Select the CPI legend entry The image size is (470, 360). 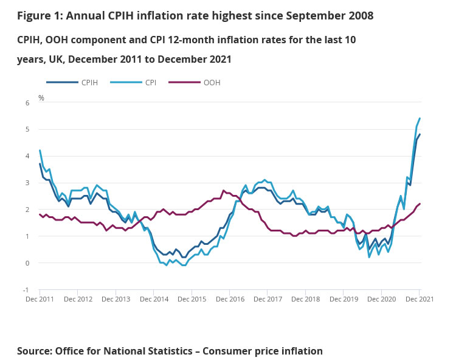pyautogui.click(x=151, y=82)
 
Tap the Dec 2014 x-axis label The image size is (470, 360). pyautogui.click(x=153, y=299)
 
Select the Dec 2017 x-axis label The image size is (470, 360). pyautogui.click(x=268, y=299)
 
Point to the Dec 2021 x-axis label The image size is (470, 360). pyautogui.click(x=420, y=299)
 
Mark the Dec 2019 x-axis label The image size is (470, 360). pyautogui.click(x=344, y=299)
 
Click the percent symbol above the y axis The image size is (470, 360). pyautogui.click(x=41, y=97)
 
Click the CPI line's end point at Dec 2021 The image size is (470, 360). pyautogui.click(x=420, y=118)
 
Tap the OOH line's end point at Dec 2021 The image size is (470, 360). pyautogui.click(x=420, y=204)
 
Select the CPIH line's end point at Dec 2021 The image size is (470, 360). pyautogui.click(x=420, y=135)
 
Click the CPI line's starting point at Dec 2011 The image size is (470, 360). pyautogui.click(x=40, y=150)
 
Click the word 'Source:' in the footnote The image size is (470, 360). pyautogui.click(x=34, y=351)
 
